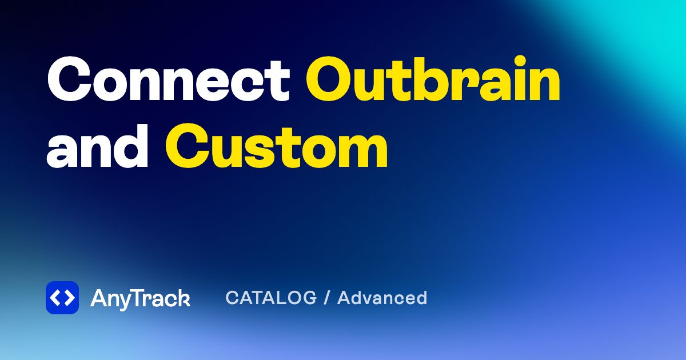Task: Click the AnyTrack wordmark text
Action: tap(140, 298)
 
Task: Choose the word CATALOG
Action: tap(271, 298)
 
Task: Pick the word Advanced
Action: tap(382, 298)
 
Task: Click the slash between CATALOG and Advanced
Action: tap(327, 298)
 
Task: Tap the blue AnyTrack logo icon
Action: tap(62, 298)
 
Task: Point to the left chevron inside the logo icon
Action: tap(55, 298)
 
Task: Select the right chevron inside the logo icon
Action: tap(69, 298)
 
